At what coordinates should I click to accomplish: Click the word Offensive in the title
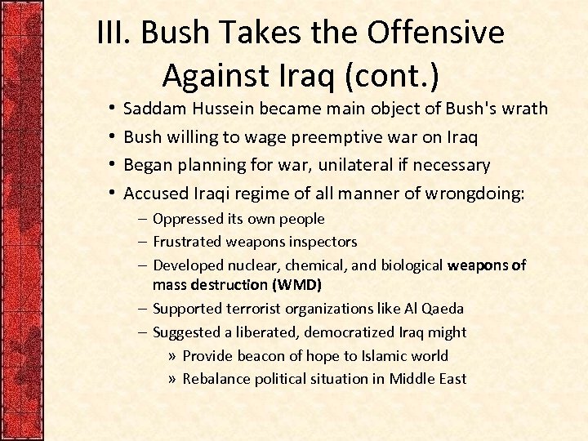pos(435,33)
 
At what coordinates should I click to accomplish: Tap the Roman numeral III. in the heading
pos(115,33)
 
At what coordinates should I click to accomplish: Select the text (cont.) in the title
pos(391,75)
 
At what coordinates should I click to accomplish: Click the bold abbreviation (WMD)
pos(295,285)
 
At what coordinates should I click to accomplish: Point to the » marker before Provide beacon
pos(171,355)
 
